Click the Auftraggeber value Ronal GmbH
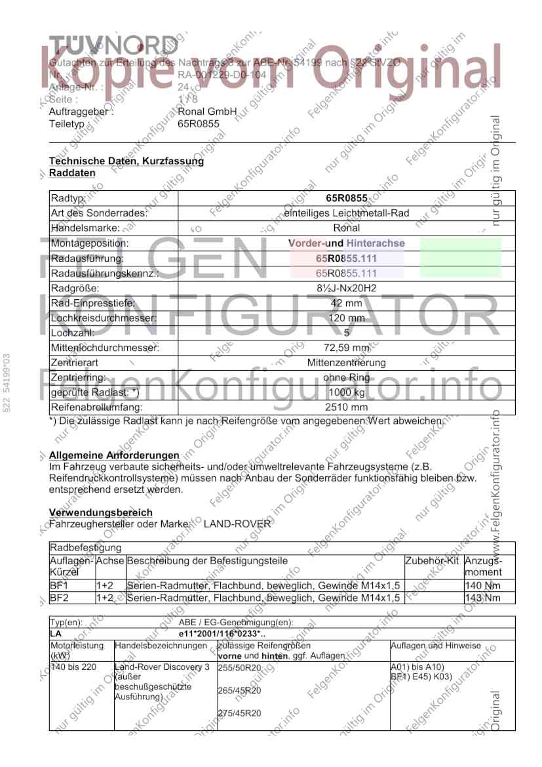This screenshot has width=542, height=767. [207, 112]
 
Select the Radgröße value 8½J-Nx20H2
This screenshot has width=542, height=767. [346, 288]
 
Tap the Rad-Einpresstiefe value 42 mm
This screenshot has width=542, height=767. [346, 303]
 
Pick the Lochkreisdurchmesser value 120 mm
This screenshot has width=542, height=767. [346, 318]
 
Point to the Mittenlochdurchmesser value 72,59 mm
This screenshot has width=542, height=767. [346, 348]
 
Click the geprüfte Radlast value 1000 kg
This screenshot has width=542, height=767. [346, 392]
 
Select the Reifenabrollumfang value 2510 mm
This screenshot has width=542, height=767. [346, 407]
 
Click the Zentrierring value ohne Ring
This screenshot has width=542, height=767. [346, 378]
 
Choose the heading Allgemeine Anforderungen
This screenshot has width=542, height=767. [114, 455]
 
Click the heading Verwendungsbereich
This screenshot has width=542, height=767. [101, 512]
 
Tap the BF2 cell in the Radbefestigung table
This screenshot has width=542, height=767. [58, 598]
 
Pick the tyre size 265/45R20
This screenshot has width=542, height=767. [239, 690]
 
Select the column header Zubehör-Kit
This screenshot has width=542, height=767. [432, 562]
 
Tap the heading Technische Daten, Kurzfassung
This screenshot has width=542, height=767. [126, 161]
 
